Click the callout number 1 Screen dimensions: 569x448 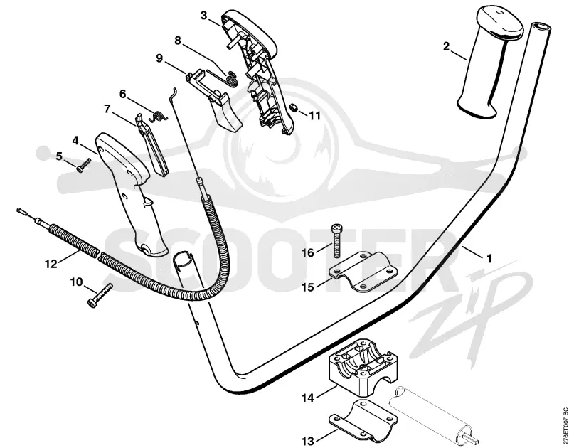click(x=489, y=259)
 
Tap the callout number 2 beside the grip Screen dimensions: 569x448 click(x=446, y=46)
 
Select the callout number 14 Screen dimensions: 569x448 click(x=307, y=398)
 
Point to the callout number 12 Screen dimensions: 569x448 click(x=51, y=264)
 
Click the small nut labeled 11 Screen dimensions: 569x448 click(x=294, y=108)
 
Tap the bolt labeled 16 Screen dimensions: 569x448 click(x=336, y=240)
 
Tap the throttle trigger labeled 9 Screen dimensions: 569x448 click(x=215, y=100)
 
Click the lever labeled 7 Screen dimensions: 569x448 click(x=152, y=145)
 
